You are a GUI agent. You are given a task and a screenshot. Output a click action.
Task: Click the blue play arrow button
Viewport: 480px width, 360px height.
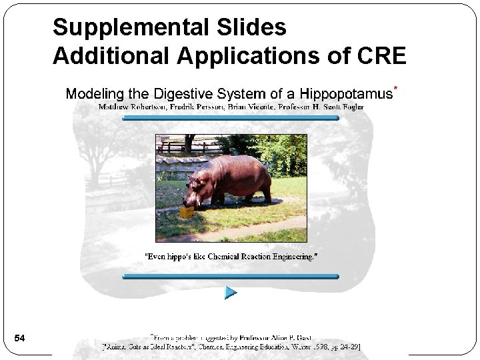click(231, 292)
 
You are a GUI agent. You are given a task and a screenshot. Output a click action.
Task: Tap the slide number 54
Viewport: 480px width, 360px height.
click(20, 339)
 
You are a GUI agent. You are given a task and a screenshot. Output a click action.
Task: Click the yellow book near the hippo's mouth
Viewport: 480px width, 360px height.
click(187, 212)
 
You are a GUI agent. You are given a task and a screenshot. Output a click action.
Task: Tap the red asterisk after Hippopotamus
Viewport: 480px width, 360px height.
click(396, 88)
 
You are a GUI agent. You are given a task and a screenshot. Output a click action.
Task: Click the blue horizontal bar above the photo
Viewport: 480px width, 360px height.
click(231, 119)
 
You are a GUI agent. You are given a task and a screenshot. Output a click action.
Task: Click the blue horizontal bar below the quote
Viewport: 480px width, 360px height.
click(231, 275)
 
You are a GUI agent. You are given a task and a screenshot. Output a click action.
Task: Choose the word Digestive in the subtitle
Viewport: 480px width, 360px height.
click(184, 94)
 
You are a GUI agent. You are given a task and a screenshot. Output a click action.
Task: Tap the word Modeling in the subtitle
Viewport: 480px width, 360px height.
click(93, 94)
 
